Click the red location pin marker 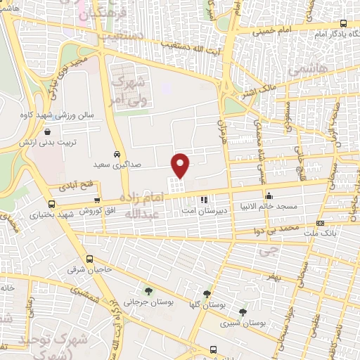click(181, 164)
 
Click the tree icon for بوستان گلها click(207, 294)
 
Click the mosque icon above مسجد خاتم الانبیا click(269, 195)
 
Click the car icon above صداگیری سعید click(117, 153)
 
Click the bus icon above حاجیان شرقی click(90, 258)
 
